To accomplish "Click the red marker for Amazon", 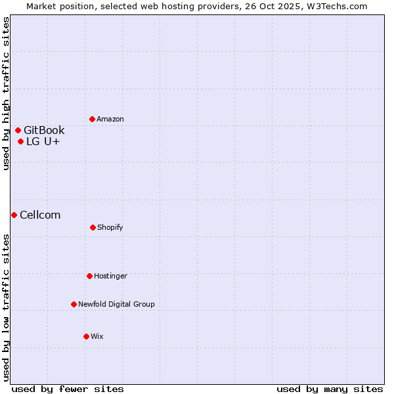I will click(x=93, y=119).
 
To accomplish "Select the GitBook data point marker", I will click(x=18, y=130).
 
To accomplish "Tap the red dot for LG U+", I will click(x=21, y=141).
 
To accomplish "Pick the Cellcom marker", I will click(x=14, y=215).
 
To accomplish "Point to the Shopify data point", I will click(x=93, y=227).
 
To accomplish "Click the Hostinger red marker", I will click(x=89, y=276).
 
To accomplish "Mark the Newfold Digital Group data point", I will click(x=74, y=304).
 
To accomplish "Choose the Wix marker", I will click(x=86, y=336).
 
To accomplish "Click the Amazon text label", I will click(x=110, y=119).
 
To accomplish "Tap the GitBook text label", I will click(x=44, y=130).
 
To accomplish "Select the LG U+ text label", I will click(x=43, y=141).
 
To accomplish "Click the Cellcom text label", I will click(x=40, y=215).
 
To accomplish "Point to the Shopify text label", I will click(x=110, y=227).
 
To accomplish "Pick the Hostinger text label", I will click(x=110, y=276).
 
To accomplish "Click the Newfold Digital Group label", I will click(x=116, y=304).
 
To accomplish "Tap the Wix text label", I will click(x=97, y=336).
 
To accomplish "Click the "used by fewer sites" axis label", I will click(x=68, y=389).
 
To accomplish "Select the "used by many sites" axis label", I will click(x=330, y=389).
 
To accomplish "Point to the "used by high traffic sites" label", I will click(x=6, y=94).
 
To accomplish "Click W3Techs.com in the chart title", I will click(x=335, y=6).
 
